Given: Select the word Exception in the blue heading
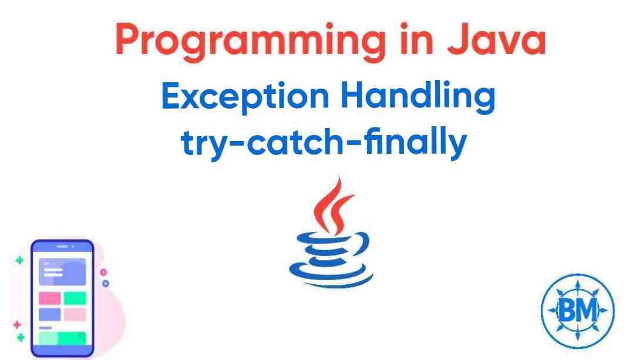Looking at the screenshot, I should click(x=245, y=97).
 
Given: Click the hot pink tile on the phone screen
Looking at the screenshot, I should click(x=49, y=298).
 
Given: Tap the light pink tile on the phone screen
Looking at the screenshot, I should click(x=75, y=314).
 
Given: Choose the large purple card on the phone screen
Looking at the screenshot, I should click(x=62, y=272).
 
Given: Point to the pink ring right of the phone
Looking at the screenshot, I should click(x=103, y=272).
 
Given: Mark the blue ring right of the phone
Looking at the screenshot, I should click(x=106, y=283).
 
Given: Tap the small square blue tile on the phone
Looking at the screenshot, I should click(x=49, y=314).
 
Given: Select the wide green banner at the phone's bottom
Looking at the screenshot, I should click(x=62, y=338).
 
